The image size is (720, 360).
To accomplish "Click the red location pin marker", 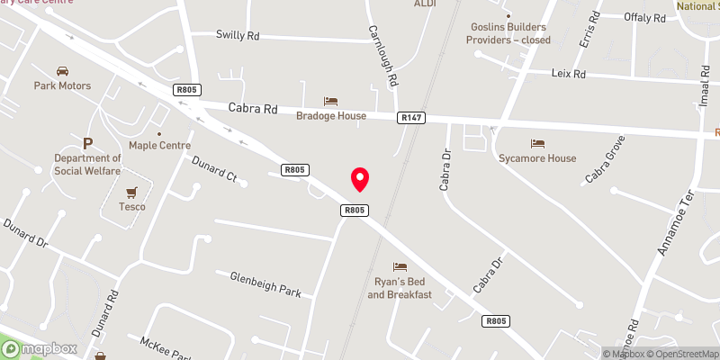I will [x=360, y=178].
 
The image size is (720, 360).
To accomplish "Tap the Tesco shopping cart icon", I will [x=132, y=192].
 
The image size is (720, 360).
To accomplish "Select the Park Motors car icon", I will [x=63, y=71].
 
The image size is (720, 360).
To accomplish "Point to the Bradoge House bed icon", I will [x=330, y=101].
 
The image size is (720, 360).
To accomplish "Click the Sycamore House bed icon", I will [x=537, y=144].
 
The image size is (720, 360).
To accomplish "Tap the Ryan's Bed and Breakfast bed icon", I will [x=400, y=267].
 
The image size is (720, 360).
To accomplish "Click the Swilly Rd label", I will [x=238, y=35].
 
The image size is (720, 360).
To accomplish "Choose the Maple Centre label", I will [x=159, y=145].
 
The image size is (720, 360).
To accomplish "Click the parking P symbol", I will [x=87, y=143].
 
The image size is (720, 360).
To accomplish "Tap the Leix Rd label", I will [x=568, y=74].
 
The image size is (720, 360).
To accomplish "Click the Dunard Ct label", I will [x=213, y=168].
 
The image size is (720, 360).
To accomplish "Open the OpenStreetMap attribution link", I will [x=680, y=354].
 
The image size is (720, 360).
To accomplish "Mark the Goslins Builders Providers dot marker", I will [x=508, y=15].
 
